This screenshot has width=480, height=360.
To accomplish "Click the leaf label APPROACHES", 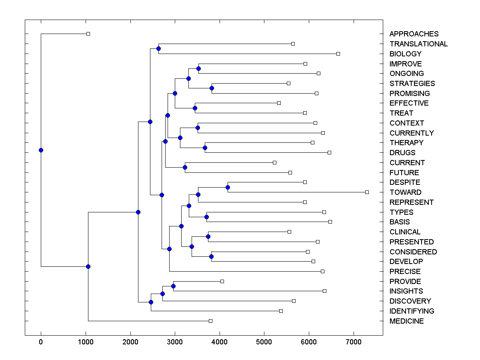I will tap(414, 34).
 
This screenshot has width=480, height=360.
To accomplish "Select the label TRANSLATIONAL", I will tap(418, 44).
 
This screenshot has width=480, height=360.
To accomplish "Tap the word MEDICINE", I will tap(406, 321).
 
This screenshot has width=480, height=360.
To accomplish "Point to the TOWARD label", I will tap(405, 192).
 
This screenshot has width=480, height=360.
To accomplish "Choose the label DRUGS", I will tap(402, 153).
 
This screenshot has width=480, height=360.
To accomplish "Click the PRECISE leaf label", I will tap(405, 272).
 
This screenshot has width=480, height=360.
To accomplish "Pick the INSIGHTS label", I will tap(406, 291).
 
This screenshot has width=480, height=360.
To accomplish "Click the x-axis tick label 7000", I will tap(353, 342).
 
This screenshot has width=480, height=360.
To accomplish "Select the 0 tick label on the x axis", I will tap(41, 342).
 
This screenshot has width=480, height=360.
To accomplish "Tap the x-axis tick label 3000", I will tap(175, 342).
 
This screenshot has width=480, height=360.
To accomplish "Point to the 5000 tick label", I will tap(264, 342).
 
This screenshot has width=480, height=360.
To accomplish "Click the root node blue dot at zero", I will tap(41, 150).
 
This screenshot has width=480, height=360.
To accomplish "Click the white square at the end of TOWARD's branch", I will tap(367, 192).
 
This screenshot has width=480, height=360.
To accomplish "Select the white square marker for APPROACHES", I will tap(88, 34).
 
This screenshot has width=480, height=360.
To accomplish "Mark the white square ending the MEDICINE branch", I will tap(211, 321).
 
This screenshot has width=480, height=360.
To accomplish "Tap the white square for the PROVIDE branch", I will tap(222, 282).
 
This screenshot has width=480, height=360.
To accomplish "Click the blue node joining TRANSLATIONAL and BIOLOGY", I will tap(158, 49).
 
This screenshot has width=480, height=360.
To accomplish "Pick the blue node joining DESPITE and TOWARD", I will tap(228, 187).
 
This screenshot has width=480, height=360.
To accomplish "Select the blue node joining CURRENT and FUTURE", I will tap(185, 168).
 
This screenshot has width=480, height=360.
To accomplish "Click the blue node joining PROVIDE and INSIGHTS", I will tap(173, 286).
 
